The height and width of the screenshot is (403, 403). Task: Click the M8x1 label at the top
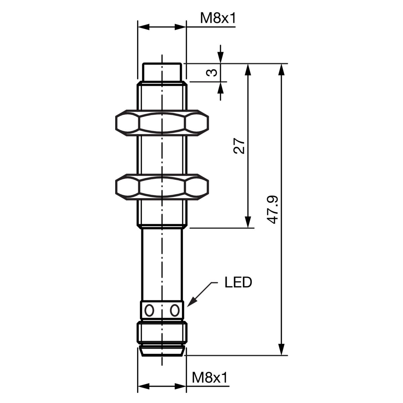point(218,18)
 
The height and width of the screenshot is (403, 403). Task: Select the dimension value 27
point(239,146)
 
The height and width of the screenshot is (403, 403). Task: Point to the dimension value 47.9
point(272,210)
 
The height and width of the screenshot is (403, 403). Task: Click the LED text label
point(238,282)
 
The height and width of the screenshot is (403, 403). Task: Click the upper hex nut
point(162,123)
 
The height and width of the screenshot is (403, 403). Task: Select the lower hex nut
point(162,187)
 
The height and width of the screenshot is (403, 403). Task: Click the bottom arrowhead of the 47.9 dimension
point(282,349)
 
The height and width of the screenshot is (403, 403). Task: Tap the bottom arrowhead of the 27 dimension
point(248,221)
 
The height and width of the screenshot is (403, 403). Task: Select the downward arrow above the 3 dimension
point(220,54)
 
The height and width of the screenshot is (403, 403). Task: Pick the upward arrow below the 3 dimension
point(220,91)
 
